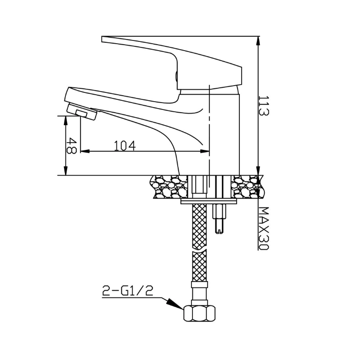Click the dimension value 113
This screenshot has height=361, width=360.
point(264,106)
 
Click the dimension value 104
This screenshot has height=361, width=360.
point(125,145)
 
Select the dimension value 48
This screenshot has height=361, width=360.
point(71,146)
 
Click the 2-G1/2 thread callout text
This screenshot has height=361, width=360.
point(128,291)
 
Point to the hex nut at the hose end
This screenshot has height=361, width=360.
point(200,314)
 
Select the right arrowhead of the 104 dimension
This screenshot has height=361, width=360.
point(204,151)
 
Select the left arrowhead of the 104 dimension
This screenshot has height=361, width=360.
point(85,151)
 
